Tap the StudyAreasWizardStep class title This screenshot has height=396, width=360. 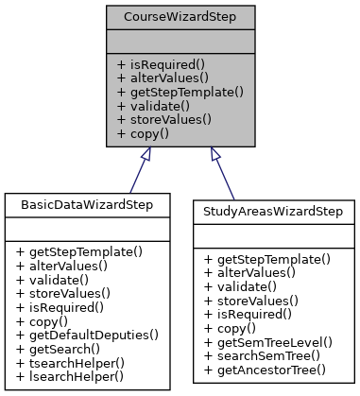[x=275, y=211]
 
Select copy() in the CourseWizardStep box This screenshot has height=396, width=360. [x=144, y=134]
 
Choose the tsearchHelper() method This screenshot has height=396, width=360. [x=68, y=363]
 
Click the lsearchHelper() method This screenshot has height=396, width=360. [x=67, y=376]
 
